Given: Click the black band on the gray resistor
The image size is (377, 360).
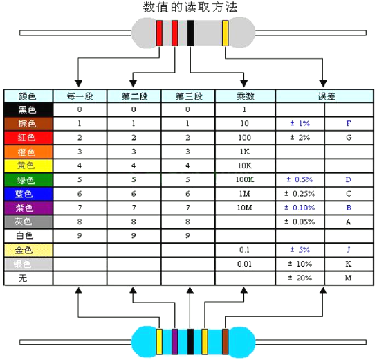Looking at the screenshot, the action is [x=190, y=33].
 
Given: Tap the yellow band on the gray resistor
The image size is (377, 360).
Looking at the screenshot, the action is [x=226, y=33].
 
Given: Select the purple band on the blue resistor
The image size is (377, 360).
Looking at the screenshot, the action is [x=175, y=342].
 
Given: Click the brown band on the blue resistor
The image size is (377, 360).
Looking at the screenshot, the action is [x=226, y=342].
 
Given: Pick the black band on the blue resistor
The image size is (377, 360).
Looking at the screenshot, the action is [x=190, y=342].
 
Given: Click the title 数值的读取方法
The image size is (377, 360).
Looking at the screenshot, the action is [x=190, y=7].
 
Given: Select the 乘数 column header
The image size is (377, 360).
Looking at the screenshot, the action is [x=246, y=96].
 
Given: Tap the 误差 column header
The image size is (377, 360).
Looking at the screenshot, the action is [x=324, y=96].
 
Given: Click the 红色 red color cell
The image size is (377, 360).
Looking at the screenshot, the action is [x=28, y=138].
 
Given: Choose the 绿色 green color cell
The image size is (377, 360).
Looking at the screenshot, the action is [x=28, y=180].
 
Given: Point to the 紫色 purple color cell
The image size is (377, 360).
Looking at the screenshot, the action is [x=28, y=208].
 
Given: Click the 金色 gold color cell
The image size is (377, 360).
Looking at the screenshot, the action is [x=28, y=250].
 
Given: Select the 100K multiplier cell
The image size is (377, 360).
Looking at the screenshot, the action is [x=245, y=179].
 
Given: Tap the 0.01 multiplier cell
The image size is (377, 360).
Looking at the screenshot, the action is [x=244, y=264].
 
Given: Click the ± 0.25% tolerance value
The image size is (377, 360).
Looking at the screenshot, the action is [x=300, y=194].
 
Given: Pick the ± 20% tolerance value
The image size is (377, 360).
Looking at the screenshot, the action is [x=300, y=278].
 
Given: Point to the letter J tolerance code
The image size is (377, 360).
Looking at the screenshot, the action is [x=349, y=250].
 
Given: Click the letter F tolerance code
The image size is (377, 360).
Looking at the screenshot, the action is [x=349, y=123].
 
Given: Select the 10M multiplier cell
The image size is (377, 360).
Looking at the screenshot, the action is [x=245, y=208].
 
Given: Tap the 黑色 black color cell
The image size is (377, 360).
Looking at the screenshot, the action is [x=28, y=110].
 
